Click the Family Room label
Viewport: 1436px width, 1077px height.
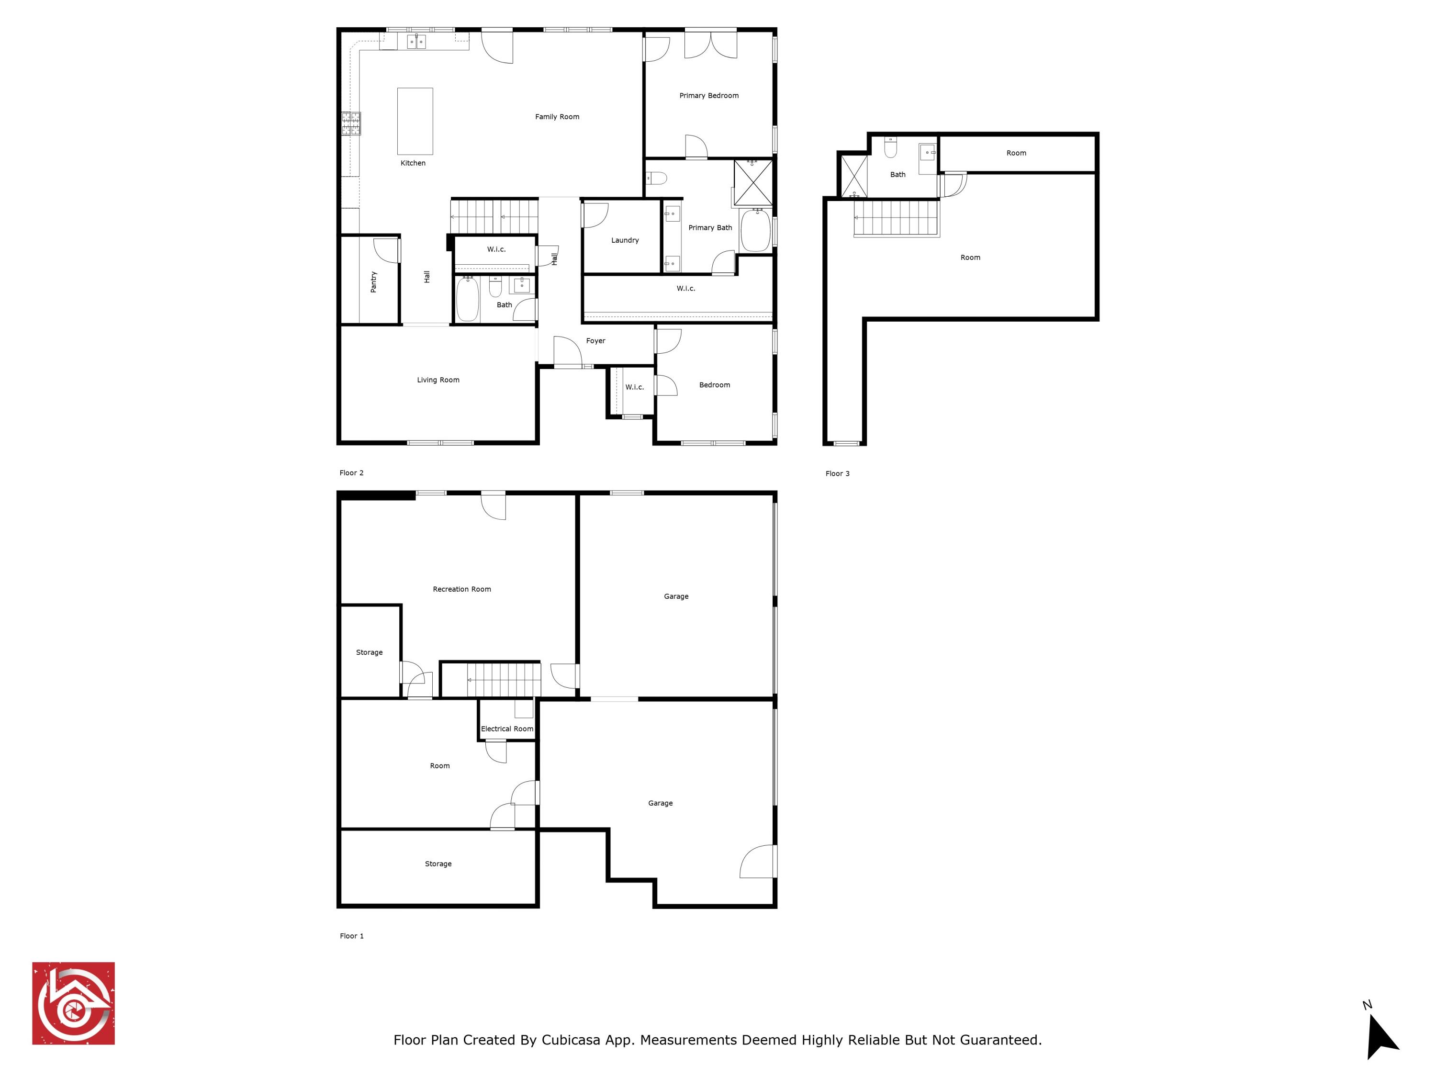tap(557, 117)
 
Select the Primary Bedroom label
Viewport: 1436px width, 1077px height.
tap(709, 95)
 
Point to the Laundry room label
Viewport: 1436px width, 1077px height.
tap(625, 240)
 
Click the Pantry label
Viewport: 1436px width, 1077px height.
tap(373, 282)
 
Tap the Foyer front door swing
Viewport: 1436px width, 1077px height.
tap(567, 352)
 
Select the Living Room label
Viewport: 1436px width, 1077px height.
tap(438, 380)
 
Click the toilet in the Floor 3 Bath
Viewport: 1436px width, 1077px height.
tap(891, 149)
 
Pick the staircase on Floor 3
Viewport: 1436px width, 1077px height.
tap(897, 218)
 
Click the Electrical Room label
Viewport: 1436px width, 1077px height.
tap(507, 729)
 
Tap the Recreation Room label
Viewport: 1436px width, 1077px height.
tap(461, 589)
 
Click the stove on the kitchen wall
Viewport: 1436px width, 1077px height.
tap(351, 123)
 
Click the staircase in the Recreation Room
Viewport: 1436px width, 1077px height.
tap(504, 679)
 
